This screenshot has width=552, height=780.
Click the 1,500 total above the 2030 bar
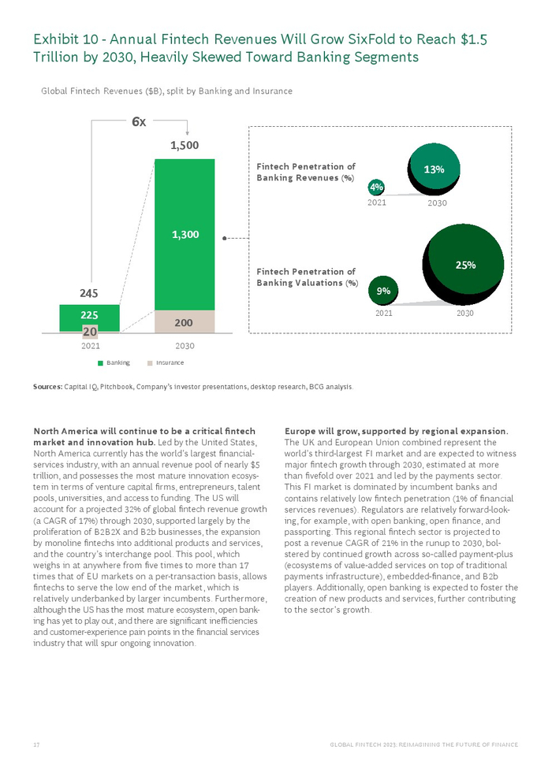click(185, 145)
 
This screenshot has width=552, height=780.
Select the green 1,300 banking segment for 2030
click(185, 234)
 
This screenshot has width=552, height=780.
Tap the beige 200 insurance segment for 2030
click(185, 322)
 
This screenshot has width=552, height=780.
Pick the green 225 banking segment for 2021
click(89, 317)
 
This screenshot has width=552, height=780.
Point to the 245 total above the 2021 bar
click(88, 293)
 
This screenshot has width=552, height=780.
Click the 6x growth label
click(138, 122)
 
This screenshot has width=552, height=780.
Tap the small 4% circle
click(377, 188)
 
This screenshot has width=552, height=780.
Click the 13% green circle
click(435, 169)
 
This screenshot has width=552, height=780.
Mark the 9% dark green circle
click(384, 292)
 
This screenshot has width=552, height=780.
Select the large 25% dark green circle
click(465, 266)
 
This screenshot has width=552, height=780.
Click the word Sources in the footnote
click(47, 387)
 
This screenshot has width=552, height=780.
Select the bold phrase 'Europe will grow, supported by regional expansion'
click(395, 431)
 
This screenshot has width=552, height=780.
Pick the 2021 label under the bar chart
click(89, 345)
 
